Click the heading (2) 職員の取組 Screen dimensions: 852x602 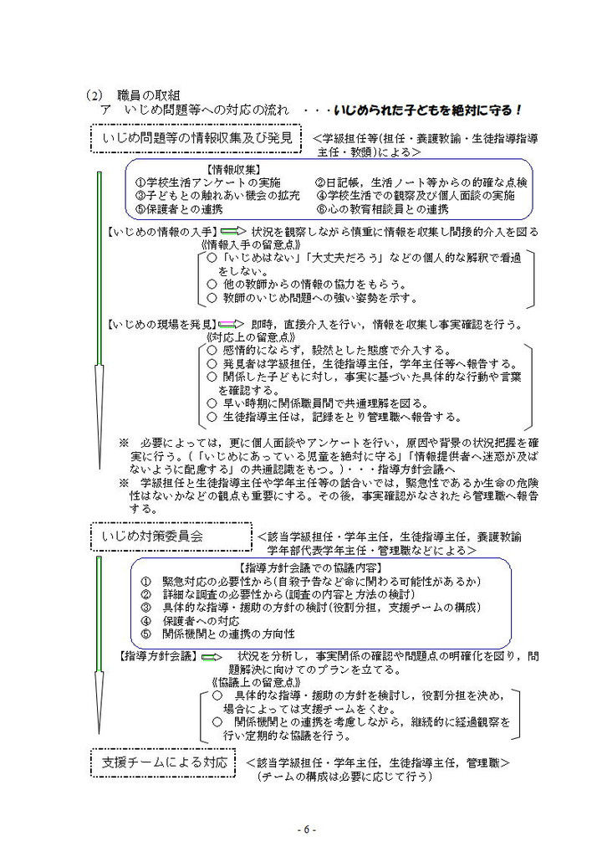139,95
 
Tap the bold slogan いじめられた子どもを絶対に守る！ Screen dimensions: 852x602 427,110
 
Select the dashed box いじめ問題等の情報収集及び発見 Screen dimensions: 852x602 196,138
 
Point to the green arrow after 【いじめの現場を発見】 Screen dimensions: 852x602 233,324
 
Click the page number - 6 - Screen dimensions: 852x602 307,829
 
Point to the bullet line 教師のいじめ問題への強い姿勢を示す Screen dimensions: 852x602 314,297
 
